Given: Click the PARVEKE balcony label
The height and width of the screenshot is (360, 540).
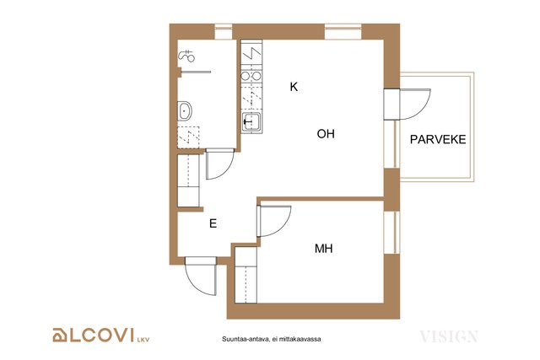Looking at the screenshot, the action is (x=438, y=139).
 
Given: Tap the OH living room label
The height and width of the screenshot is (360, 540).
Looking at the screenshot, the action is (x=326, y=133).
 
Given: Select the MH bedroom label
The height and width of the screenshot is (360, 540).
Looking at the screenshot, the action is (x=323, y=249).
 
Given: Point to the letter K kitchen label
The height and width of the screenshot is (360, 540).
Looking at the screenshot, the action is (x=294, y=87).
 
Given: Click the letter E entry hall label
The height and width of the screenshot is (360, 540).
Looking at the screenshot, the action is (x=213, y=223).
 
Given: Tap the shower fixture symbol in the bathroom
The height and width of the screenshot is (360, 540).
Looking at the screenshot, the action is (x=186, y=56).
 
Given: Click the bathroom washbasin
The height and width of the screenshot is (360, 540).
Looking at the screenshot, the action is (x=184, y=110).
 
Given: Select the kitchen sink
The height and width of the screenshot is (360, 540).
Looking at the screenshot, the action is (x=251, y=122).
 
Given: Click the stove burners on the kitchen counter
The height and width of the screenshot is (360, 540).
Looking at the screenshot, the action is (x=251, y=76).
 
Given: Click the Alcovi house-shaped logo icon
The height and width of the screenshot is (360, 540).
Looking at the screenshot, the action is (x=59, y=336).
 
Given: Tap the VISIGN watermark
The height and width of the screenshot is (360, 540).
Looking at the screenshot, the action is (x=449, y=336).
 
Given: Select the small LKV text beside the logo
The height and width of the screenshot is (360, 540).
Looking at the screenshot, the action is (x=143, y=340).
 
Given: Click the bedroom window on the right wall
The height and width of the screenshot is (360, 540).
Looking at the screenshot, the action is (x=391, y=233).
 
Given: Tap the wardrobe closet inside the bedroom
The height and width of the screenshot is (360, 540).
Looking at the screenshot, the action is (x=246, y=276).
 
